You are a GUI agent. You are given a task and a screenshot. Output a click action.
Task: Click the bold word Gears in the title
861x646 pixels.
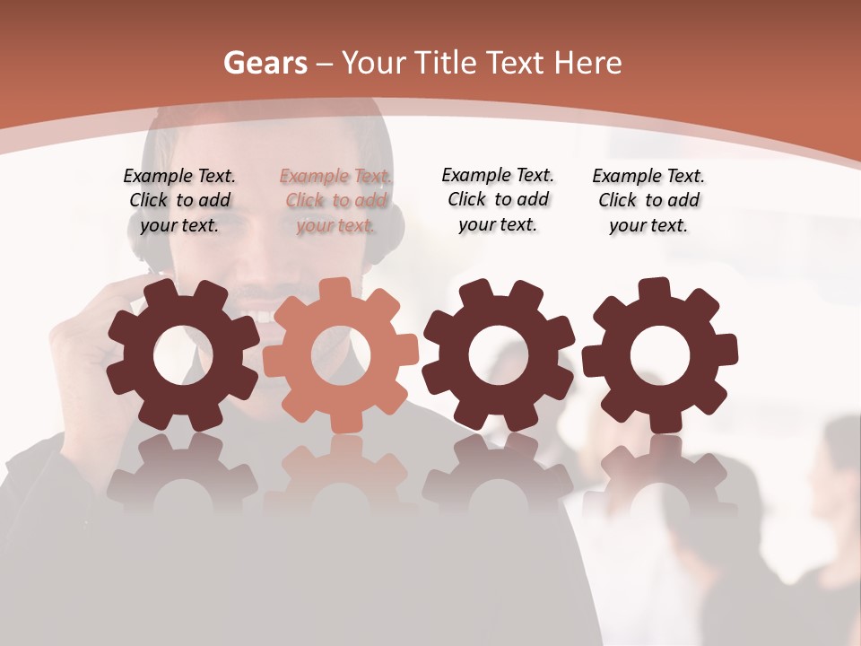click(x=265, y=63)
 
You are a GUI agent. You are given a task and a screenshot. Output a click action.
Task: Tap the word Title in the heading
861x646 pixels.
click(x=446, y=63)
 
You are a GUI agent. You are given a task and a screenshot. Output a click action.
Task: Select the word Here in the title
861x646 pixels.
click(x=587, y=63)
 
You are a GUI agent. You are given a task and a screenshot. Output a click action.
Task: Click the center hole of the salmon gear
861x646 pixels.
click(x=341, y=355)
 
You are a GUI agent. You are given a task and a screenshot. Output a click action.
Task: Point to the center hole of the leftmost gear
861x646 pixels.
click(x=183, y=355)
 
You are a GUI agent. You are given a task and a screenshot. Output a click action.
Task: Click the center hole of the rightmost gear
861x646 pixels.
click(x=660, y=355)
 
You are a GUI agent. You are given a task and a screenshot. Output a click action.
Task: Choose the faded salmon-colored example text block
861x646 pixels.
click(x=335, y=201)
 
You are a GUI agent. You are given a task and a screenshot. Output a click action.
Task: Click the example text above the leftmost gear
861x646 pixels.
click(x=179, y=201)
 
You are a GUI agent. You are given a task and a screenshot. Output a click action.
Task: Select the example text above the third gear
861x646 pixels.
click(x=498, y=199)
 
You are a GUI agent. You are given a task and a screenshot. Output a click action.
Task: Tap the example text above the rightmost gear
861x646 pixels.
click(x=648, y=201)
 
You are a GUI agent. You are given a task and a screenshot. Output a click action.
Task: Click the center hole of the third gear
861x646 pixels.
click(x=499, y=355)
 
